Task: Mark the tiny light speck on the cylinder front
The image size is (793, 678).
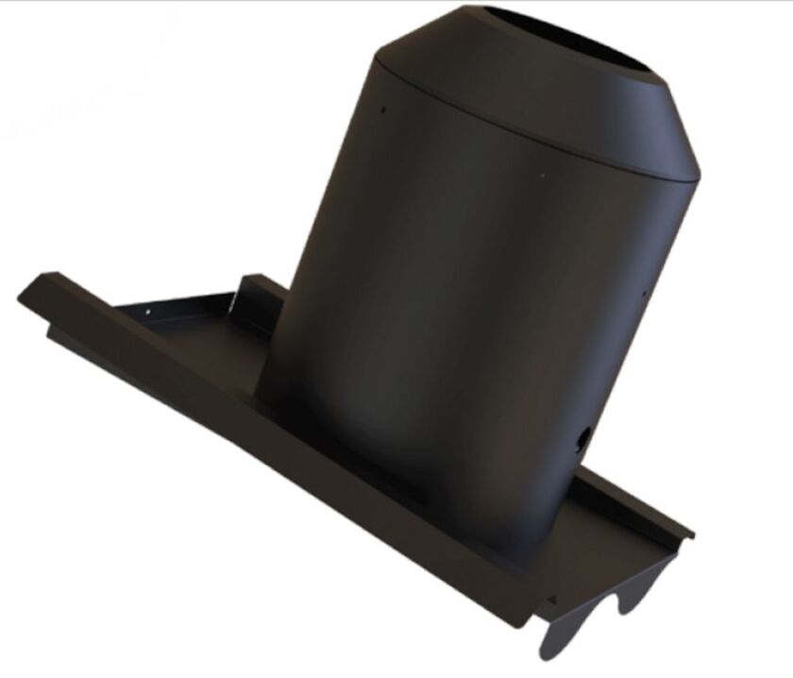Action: (542, 175)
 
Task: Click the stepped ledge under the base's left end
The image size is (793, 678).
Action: (57, 331)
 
